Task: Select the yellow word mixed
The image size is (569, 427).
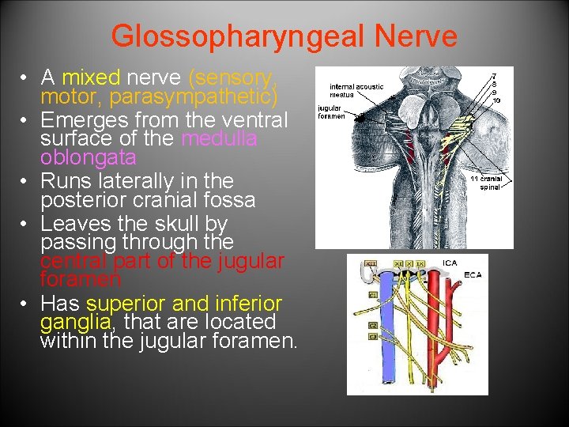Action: tap(91, 77)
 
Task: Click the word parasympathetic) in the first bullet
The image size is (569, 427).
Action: tap(193, 97)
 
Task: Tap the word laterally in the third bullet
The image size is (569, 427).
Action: tap(138, 181)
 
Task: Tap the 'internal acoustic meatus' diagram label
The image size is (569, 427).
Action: tap(356, 91)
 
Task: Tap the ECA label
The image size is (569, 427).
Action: tap(473, 275)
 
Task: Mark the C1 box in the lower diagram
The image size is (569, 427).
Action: tap(372, 294)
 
